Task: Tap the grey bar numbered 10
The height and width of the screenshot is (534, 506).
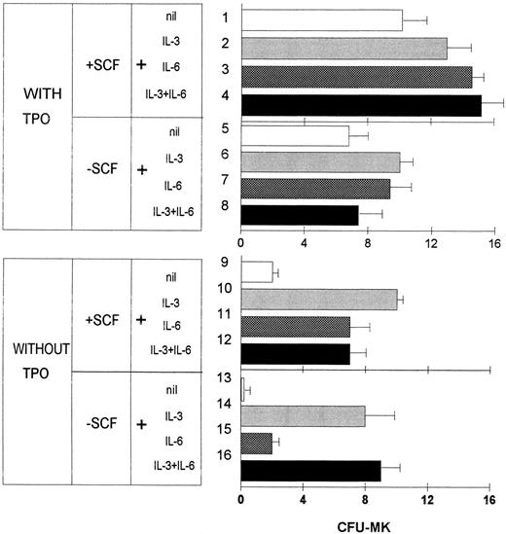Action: [x=318, y=299]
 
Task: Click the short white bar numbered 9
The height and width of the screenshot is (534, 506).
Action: [x=257, y=271]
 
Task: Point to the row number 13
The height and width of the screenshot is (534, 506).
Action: [x=225, y=377]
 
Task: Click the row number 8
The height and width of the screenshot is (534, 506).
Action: [x=225, y=205]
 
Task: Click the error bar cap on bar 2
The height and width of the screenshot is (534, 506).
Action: [x=472, y=48]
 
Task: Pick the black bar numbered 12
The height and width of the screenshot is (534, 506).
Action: [x=295, y=353]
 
